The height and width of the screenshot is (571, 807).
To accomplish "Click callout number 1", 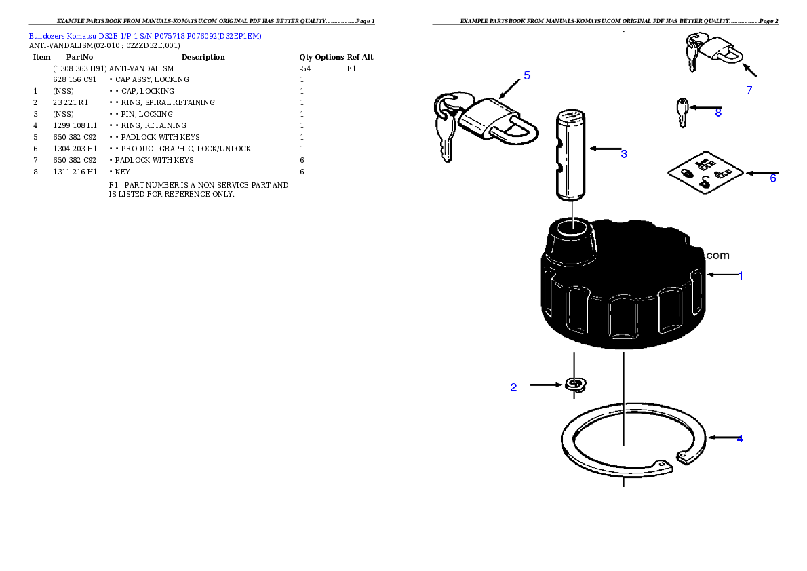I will pyautogui.click(x=741, y=276).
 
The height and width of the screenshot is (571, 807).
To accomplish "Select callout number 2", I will pyautogui.click(x=513, y=388).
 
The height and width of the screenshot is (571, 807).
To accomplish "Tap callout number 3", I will pyautogui.click(x=624, y=154).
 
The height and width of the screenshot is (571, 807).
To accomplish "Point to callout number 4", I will pyautogui.click(x=740, y=439).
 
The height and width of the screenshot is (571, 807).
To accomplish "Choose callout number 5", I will pyautogui.click(x=527, y=75).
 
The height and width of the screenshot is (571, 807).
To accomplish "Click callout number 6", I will pyautogui.click(x=772, y=178).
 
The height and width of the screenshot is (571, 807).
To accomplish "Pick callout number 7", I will pyautogui.click(x=749, y=90).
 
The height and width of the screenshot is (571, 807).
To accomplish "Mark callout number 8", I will pyautogui.click(x=718, y=113).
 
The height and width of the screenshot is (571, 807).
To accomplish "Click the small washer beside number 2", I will pyautogui.click(x=575, y=385).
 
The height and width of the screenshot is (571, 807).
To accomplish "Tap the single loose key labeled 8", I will pyautogui.click(x=682, y=112).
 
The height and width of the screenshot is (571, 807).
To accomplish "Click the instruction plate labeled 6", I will pyautogui.click(x=705, y=173).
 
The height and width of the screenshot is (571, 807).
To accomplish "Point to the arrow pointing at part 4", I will pyautogui.click(x=720, y=438).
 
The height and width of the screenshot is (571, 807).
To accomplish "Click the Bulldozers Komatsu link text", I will pyautogui.click(x=144, y=35).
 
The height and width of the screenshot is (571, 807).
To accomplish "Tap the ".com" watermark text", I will pyautogui.click(x=717, y=256).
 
